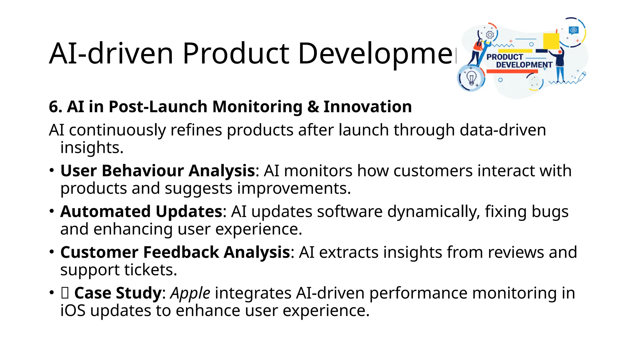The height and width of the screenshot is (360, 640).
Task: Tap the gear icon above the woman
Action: pyautogui.click(x=490, y=35)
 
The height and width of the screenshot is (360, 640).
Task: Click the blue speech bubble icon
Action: pyautogui.click(x=574, y=30)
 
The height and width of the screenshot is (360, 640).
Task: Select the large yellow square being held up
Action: pyautogui.click(x=551, y=41)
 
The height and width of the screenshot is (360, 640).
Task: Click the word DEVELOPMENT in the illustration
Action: pyautogui.click(x=524, y=65)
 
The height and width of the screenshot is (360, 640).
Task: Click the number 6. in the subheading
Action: pyautogui.click(x=56, y=107)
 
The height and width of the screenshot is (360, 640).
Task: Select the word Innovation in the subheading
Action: pyautogui.click(x=367, y=107)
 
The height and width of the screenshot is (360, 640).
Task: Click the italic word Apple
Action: pyautogui.click(x=190, y=293)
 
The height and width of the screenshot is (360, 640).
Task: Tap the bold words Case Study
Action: pyautogui.click(x=118, y=293)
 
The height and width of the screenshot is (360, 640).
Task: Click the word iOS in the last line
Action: pyautogui.click(x=73, y=311)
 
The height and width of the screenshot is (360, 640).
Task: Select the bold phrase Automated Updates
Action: pyautogui.click(x=141, y=212)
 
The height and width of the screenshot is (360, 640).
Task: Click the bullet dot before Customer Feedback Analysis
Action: pyautogui.click(x=52, y=252)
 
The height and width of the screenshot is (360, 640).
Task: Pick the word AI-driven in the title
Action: pyautogui.click(x=111, y=54)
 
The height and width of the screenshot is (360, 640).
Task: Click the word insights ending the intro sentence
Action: pyautogui.click(x=92, y=147)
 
